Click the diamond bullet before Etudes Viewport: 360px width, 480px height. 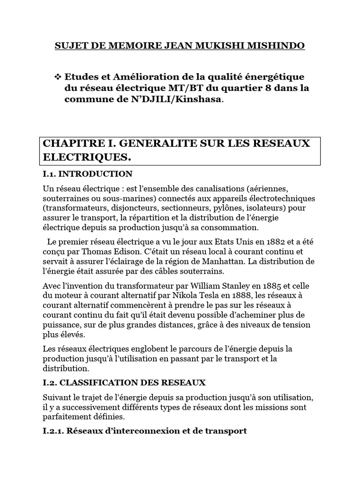59,76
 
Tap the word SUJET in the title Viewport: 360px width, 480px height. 70,45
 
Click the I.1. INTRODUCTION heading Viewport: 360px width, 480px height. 88,174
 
